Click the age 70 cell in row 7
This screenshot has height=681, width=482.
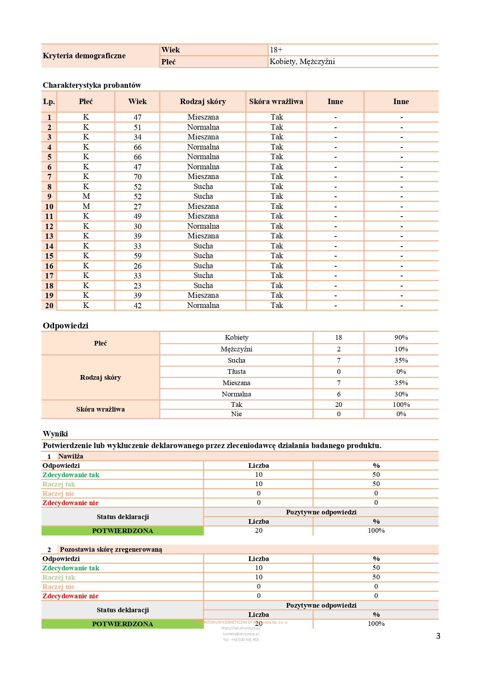click(138, 177)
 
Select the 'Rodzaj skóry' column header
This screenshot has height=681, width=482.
click(203, 102)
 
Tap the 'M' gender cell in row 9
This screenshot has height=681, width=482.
click(86, 196)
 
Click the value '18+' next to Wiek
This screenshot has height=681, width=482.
click(276, 50)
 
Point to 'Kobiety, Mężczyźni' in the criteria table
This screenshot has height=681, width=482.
click(302, 62)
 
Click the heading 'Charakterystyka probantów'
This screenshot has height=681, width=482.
click(92, 85)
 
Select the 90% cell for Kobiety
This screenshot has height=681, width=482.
click(401, 337)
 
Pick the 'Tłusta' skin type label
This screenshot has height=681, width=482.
click(236, 372)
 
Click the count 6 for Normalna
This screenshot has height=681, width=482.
click(339, 394)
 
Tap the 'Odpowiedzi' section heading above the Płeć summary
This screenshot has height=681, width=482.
click(66, 326)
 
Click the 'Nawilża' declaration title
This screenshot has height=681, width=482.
click(71, 456)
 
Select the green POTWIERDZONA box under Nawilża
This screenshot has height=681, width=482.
click(122, 531)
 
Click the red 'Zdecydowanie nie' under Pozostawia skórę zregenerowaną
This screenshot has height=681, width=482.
click(70, 596)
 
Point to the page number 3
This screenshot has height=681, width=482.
click(438, 636)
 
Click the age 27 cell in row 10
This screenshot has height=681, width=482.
click(138, 207)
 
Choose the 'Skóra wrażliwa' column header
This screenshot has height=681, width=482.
click(276, 102)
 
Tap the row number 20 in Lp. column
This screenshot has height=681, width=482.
click(49, 306)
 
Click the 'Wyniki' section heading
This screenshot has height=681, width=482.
click(55, 434)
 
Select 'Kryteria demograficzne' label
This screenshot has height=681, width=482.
click(84, 56)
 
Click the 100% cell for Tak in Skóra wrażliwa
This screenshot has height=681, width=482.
click(401, 405)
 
